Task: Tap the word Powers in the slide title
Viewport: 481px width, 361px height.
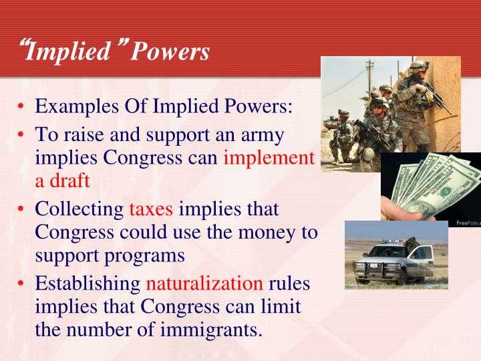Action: coord(170,51)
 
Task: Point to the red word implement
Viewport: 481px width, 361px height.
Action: coord(269,158)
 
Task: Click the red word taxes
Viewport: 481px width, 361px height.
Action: coord(151,209)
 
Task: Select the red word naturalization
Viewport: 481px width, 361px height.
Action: coord(204,283)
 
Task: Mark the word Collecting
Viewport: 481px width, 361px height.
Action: coord(79,209)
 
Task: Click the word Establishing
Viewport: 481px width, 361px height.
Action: coord(88,283)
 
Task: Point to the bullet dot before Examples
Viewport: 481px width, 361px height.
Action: coord(22,107)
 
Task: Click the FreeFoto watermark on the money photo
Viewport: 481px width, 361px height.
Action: coord(468,222)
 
